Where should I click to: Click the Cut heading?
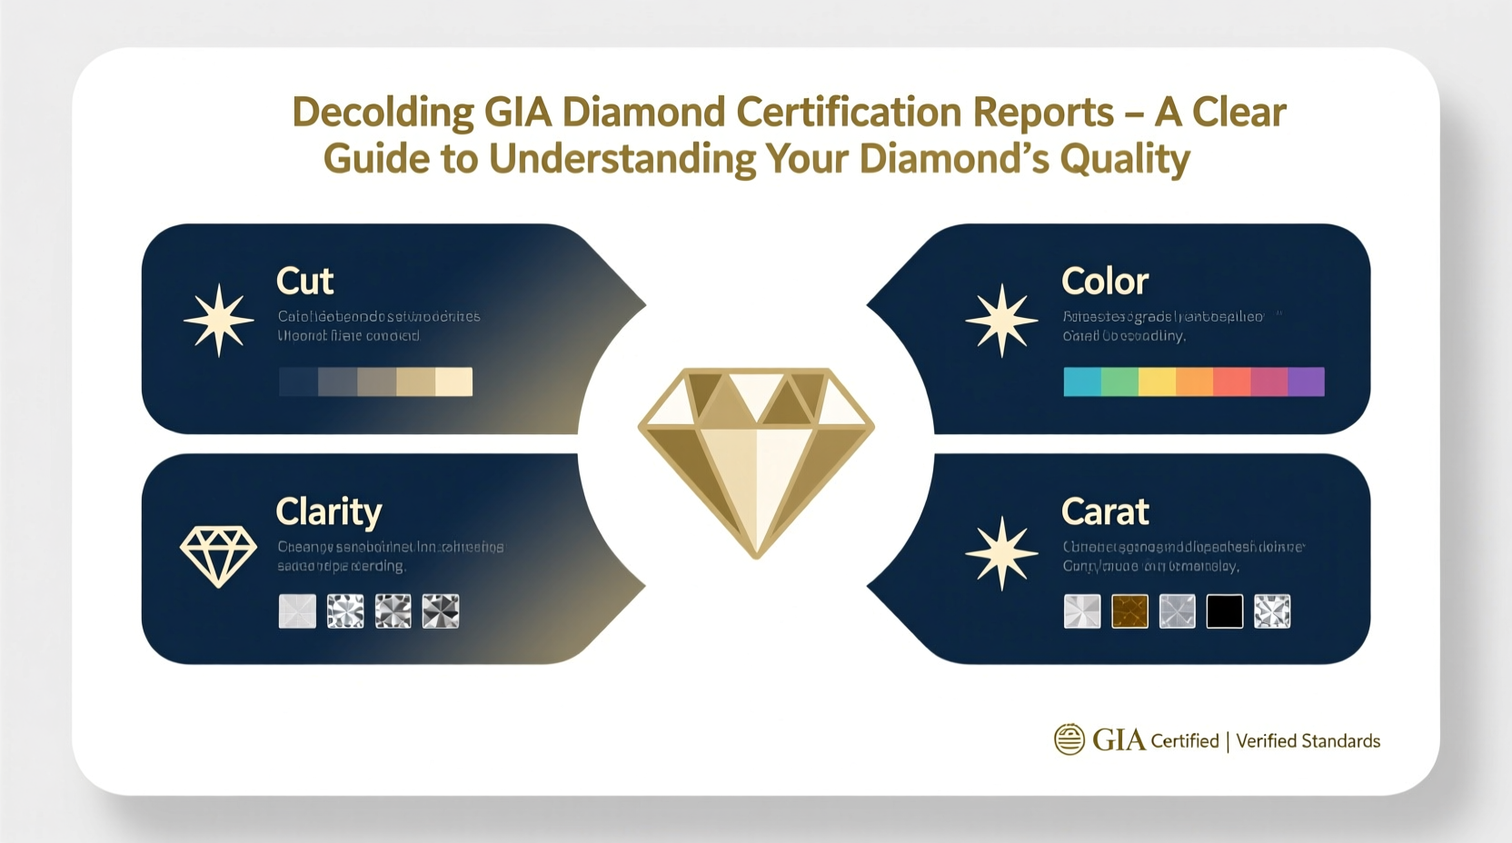point(304,282)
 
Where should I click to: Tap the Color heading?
point(1104,282)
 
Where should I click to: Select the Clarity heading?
point(328,512)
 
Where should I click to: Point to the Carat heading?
point(1104,512)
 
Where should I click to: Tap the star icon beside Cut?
point(218,321)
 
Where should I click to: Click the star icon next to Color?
point(1001,321)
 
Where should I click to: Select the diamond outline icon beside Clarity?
point(218,555)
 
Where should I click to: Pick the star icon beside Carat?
point(1001,553)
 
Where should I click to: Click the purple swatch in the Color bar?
point(1306,382)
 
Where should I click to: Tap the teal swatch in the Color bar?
point(1082,382)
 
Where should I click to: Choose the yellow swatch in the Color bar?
point(1157,382)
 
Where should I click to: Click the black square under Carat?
point(1224,611)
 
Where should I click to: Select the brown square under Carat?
point(1129,611)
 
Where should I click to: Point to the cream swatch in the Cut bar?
point(453,382)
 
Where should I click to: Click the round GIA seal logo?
point(1069,739)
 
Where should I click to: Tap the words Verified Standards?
point(1308,741)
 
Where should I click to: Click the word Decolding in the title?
point(383,113)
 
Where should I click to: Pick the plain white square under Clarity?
point(297,611)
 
